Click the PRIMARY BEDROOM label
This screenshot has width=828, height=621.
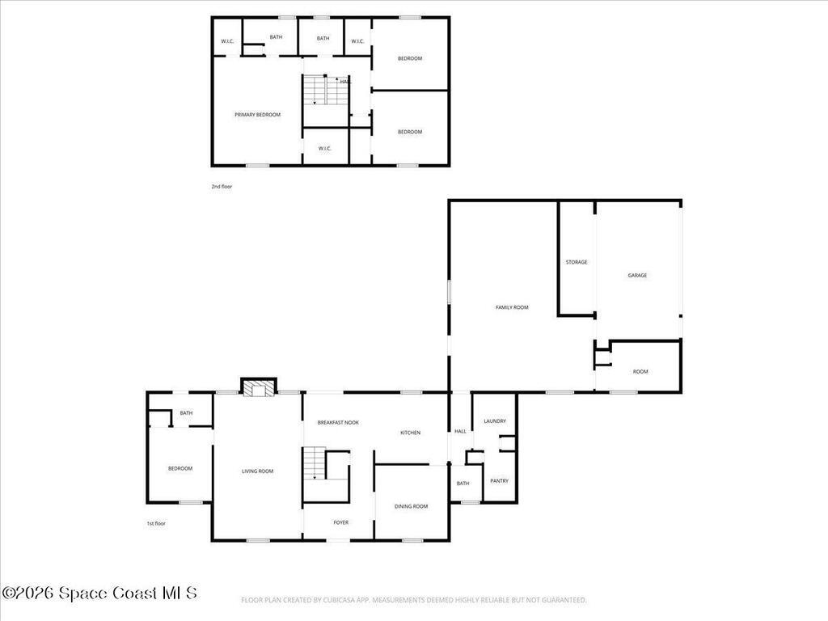point(257,115)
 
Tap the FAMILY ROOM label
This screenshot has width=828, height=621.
point(512,307)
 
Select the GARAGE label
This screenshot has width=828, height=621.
point(637,276)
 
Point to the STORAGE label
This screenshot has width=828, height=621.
point(577,262)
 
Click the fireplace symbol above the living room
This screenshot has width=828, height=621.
point(259,389)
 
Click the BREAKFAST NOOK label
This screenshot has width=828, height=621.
point(338,423)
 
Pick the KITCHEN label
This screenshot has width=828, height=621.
point(410,433)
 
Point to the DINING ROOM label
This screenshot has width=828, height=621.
point(411,506)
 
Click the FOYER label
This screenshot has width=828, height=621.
point(341,522)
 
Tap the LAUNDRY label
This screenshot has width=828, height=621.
point(495,421)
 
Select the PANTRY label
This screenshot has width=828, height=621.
point(499,481)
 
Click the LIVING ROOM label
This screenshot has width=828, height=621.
point(258,471)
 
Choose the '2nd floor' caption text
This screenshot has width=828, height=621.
point(222,187)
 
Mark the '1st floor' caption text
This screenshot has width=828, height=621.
point(156,523)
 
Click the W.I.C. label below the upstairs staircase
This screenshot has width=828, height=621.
point(325,148)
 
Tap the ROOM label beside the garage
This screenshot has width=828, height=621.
point(640,372)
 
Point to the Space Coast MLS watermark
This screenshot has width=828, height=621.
point(99,594)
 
